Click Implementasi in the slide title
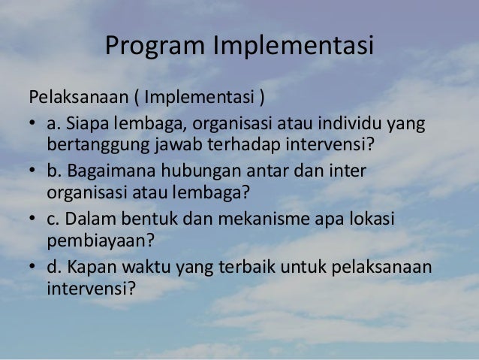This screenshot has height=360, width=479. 294,47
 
